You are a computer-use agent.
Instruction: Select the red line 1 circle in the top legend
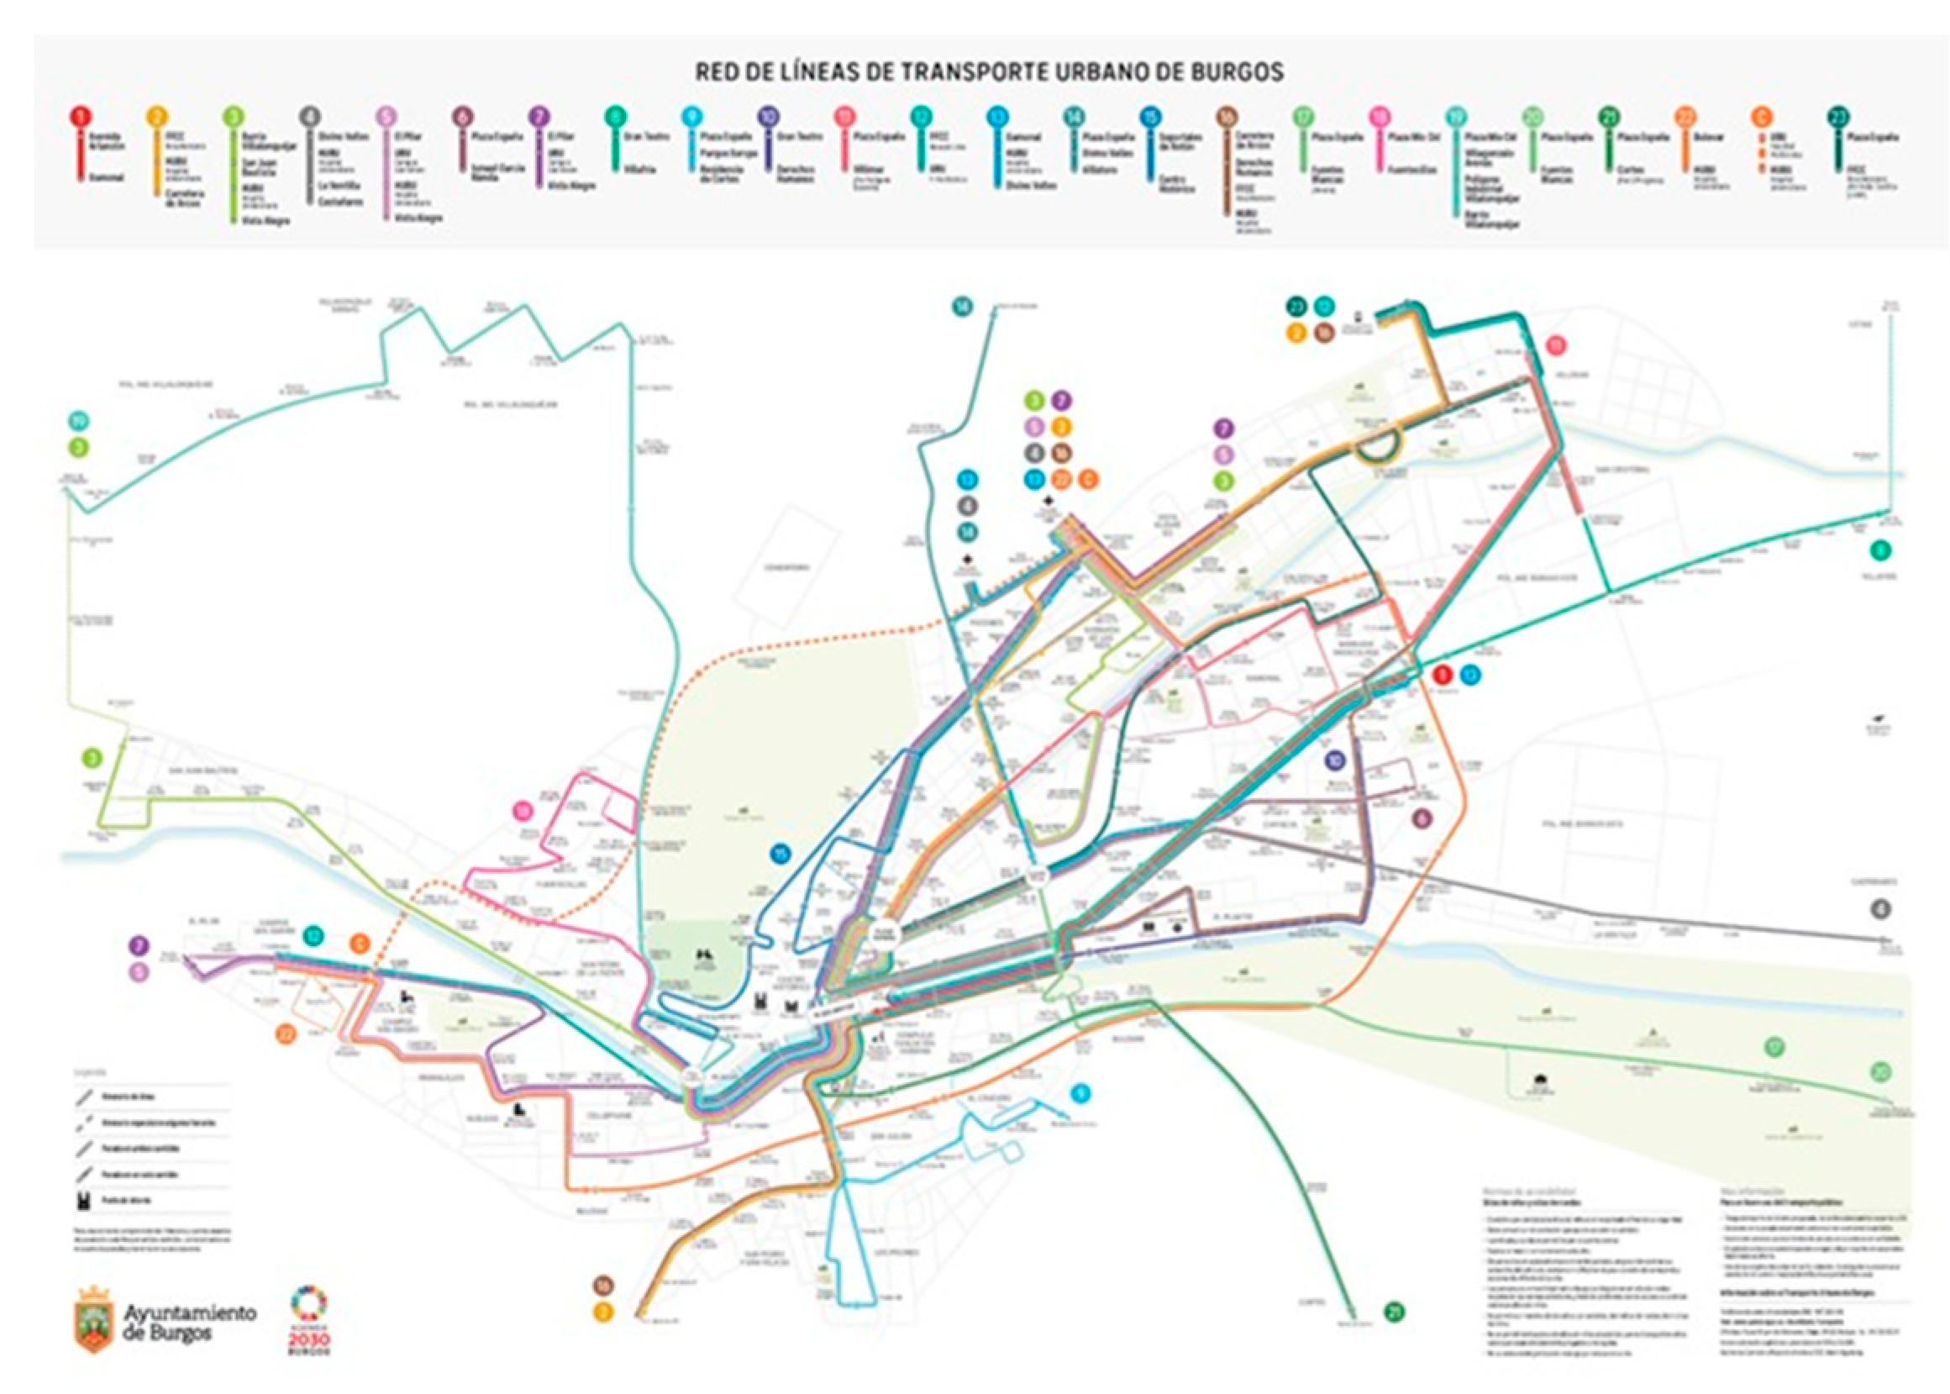80,116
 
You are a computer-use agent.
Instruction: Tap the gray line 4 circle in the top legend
310,116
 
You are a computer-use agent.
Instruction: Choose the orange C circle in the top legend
1760,116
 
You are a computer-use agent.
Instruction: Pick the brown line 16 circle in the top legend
1226,116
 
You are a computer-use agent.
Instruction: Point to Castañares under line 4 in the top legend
341,203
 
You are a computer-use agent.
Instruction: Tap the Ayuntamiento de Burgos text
190,1323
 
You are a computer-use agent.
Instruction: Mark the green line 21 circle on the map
1395,1312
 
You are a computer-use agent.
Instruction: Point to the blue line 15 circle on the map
781,853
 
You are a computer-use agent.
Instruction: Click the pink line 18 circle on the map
523,810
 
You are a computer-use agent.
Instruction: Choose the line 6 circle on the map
1422,819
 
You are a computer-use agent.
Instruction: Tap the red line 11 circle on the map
1556,346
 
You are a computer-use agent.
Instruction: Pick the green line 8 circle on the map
1880,550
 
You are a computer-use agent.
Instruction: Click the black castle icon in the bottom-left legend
83,1200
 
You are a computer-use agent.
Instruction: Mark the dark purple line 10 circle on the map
1335,760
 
